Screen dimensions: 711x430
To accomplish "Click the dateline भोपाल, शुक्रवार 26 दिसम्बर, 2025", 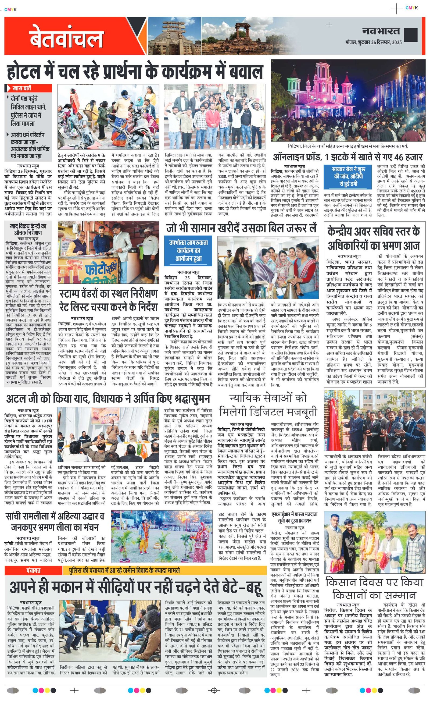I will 373,42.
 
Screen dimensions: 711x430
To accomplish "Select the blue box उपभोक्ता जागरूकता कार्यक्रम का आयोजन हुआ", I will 188,250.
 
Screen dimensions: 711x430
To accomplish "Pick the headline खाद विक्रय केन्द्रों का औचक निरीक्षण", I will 28,229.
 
